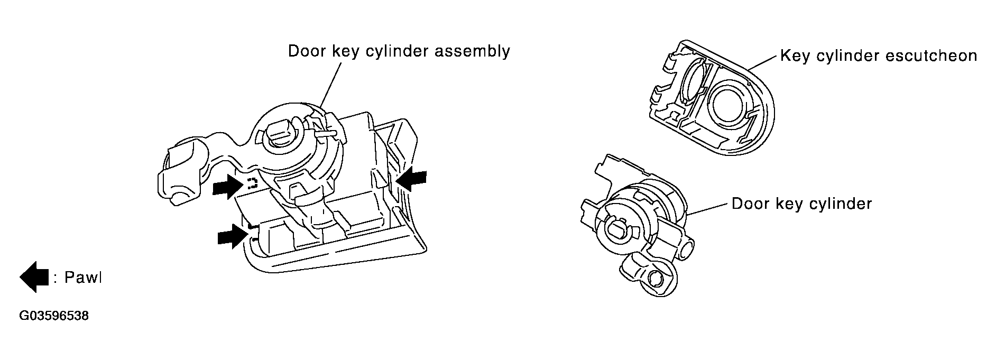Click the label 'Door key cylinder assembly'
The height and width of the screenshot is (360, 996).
coord(399,52)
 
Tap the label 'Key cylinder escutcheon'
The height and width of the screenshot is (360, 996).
coord(878,56)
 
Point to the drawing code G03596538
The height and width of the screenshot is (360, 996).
coord(53,316)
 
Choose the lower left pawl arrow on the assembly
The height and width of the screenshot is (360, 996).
coord(233,236)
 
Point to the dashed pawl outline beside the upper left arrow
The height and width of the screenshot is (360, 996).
coord(252,183)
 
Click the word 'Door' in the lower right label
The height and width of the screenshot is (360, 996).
coord(749,204)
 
